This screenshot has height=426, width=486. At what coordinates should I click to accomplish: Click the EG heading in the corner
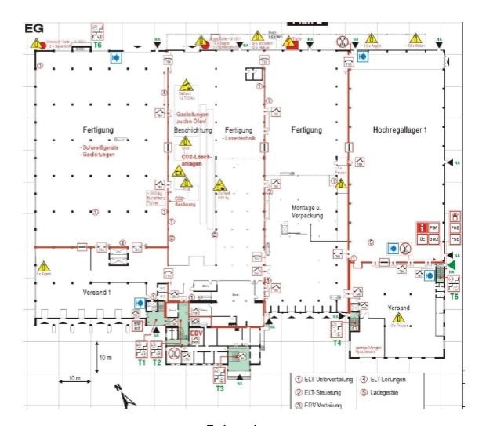click(35, 29)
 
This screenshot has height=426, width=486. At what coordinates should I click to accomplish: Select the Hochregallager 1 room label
click(399, 129)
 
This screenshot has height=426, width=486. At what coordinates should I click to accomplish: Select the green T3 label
click(219, 388)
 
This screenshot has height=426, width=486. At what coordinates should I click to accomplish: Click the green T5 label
click(455, 297)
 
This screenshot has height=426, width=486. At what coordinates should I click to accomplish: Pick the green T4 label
click(337, 342)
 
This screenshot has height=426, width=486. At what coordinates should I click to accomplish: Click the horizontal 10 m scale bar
click(74, 382)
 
